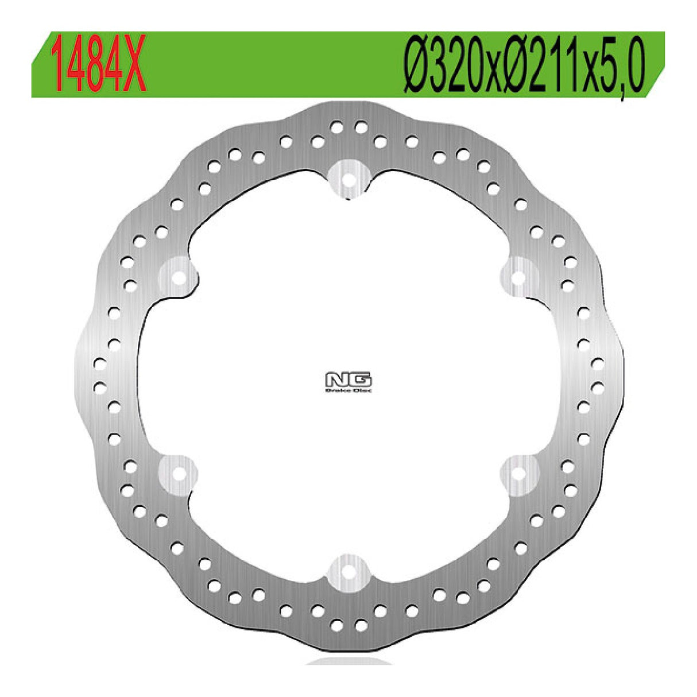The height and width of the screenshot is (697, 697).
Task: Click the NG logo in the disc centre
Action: (x=348, y=382)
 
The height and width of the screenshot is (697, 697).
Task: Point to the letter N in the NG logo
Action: (x=336, y=380)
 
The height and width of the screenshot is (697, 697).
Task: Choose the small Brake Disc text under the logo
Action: (x=348, y=390)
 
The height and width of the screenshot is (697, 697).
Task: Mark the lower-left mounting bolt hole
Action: (x=179, y=474)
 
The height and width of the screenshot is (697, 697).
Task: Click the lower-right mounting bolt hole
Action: (x=518, y=474)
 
